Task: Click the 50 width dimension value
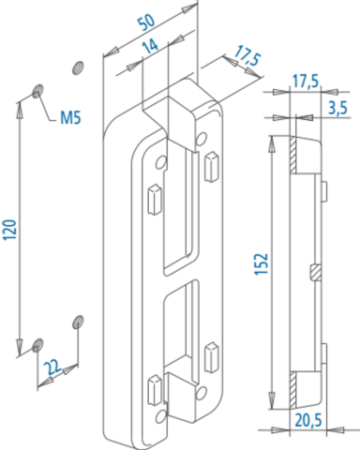click(146, 22)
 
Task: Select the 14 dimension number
click(150, 46)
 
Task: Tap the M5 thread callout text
click(70, 118)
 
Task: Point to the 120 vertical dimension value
click(9, 230)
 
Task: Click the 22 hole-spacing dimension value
click(52, 367)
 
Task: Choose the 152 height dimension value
click(262, 264)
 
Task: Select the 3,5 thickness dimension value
click(337, 108)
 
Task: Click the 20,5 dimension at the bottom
click(308, 421)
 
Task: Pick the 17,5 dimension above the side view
click(306, 82)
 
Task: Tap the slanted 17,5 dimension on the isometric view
click(247, 55)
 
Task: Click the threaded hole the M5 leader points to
click(37, 91)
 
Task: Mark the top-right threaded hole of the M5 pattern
click(78, 67)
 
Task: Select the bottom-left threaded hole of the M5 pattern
click(37, 344)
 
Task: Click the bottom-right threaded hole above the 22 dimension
click(78, 322)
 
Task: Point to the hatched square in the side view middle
click(315, 272)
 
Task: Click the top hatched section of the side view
click(292, 155)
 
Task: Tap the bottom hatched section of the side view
click(292, 390)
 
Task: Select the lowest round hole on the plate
click(160, 416)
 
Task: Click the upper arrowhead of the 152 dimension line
click(272, 143)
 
